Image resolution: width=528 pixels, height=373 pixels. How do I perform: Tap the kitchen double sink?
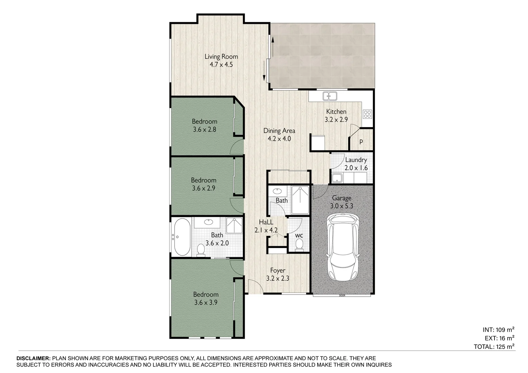330,96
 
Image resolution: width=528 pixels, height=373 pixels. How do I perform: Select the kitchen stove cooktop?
367,114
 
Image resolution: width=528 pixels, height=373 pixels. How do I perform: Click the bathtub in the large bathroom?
182,237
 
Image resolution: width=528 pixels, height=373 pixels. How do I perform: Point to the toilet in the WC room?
299,245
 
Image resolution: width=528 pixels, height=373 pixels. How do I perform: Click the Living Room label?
221,57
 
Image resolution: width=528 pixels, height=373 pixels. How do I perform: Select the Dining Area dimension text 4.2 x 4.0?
279,139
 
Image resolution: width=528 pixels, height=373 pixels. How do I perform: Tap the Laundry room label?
356,160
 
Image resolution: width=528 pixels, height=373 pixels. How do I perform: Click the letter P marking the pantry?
361,142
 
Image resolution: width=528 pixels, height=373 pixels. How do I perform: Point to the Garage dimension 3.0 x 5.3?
342,206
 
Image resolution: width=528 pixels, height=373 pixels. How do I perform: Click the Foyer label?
278,270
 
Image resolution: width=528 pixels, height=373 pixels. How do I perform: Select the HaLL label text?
266,222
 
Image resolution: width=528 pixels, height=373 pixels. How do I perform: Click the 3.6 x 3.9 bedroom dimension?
206,303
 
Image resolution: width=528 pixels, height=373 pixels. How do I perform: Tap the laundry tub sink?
337,178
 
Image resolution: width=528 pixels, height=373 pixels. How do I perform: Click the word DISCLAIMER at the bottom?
34,358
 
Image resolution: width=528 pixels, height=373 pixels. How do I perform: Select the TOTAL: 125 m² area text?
494,347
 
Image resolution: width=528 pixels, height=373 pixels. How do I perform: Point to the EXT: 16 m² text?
499,338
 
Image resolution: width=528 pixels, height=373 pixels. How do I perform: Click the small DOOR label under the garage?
342,296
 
